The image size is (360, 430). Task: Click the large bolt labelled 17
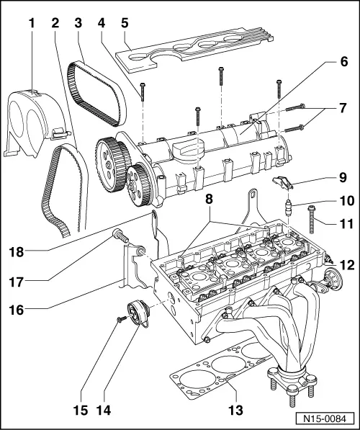point(120,234)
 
